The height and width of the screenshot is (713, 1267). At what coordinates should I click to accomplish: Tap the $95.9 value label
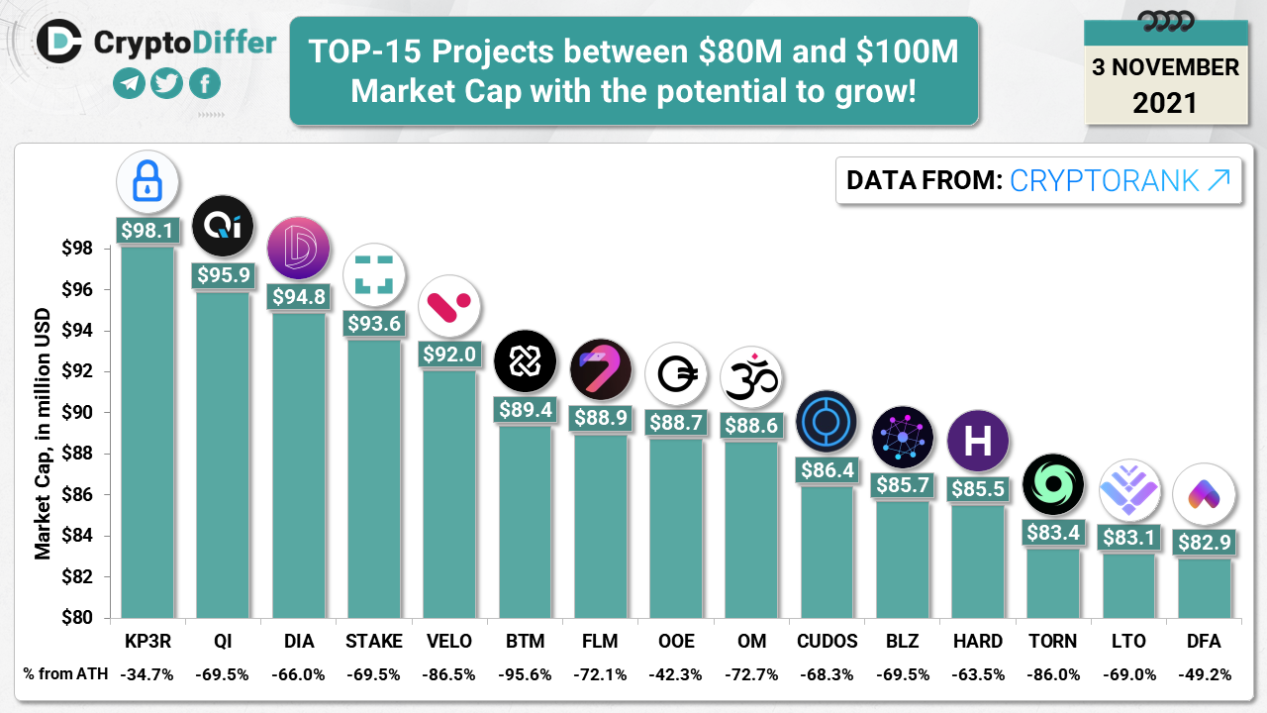pos(223,275)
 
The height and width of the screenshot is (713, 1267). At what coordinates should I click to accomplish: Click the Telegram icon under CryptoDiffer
pos(130,83)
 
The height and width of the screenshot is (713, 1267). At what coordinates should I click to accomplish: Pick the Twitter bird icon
pos(167,83)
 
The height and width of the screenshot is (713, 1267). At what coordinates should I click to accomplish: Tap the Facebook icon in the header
pos(205,83)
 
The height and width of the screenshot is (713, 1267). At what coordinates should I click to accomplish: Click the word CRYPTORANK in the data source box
pos(1106,180)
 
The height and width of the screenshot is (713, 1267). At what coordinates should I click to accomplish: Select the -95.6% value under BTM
pos(525,674)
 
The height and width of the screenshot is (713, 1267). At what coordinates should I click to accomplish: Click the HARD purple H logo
pos(978,440)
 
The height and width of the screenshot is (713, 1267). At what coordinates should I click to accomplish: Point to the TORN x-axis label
pos(1053,641)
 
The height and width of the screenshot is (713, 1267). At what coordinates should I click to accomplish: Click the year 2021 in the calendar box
pos(1165,102)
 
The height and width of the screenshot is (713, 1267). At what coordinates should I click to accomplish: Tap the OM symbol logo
pos(751,377)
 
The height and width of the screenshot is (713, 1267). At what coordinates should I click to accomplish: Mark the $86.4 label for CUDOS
pos(827,469)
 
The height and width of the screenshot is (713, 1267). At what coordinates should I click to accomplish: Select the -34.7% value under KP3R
pos(147,674)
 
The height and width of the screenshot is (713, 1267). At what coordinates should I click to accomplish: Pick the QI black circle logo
pos(223,227)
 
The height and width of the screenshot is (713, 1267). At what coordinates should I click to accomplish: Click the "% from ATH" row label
pos(61,674)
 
